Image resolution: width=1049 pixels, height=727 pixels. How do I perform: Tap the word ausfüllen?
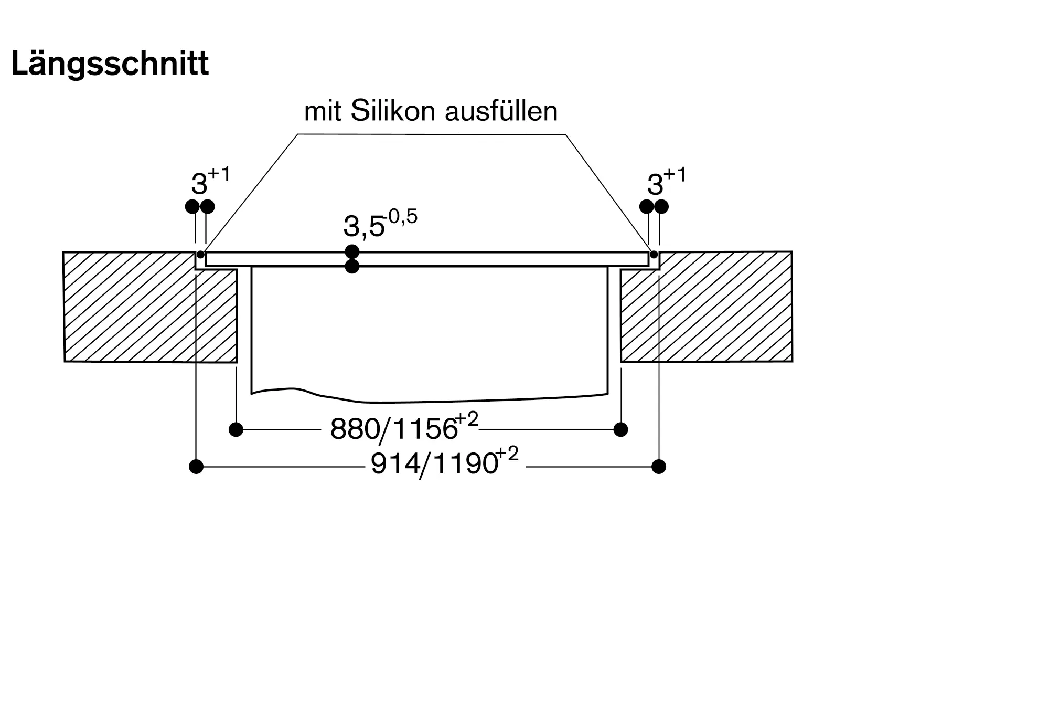click(501, 111)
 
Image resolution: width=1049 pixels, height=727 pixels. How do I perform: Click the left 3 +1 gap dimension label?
click(210, 181)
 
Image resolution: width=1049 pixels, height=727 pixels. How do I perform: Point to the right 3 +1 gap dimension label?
click(666, 181)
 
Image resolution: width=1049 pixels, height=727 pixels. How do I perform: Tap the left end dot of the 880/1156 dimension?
click(236, 429)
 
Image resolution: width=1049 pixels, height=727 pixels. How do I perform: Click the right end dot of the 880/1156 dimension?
click(620, 429)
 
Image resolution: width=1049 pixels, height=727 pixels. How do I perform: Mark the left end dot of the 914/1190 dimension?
click(196, 466)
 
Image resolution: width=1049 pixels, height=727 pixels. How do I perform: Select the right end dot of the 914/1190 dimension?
click(659, 466)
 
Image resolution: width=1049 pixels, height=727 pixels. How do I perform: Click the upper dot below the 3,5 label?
click(352, 251)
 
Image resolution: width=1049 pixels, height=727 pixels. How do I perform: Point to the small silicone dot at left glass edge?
click(200, 255)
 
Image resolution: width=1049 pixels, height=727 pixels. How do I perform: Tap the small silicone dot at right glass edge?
click(654, 255)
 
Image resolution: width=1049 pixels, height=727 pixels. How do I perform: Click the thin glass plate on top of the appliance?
click(427, 259)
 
